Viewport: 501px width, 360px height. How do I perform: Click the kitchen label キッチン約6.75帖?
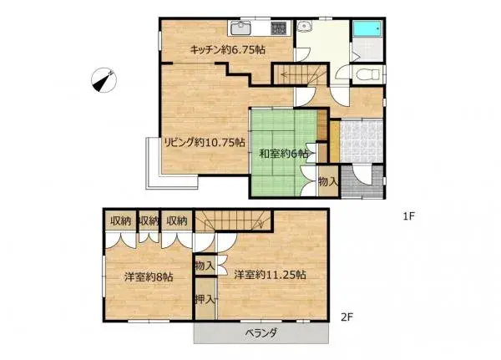click(228, 50)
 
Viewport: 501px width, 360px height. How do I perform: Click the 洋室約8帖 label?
click(149, 276)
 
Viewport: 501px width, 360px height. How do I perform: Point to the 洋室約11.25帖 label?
click(269, 274)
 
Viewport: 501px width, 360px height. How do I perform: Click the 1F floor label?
click(409, 216)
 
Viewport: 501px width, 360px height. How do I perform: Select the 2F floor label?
click(346, 317)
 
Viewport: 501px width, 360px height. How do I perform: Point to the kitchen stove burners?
click(279, 28)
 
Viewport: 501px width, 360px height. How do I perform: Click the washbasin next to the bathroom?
click(306, 28)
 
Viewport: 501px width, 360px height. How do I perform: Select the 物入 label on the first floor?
click(327, 181)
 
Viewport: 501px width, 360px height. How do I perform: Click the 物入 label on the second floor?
click(205, 266)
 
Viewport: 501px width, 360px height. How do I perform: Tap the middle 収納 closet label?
click(149, 221)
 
